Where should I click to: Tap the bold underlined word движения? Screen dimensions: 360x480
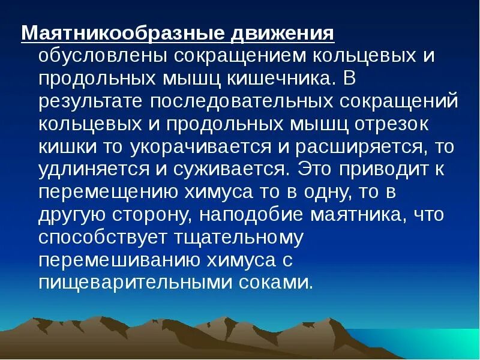[281, 34]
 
